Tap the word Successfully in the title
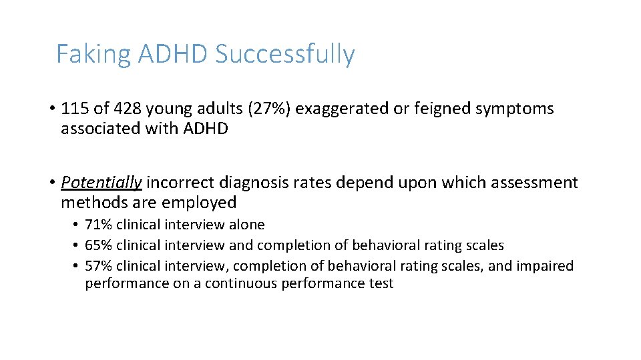point(285,54)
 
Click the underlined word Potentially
point(101,182)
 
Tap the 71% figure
point(98,225)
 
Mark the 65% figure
point(98,245)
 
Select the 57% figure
point(98,266)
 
